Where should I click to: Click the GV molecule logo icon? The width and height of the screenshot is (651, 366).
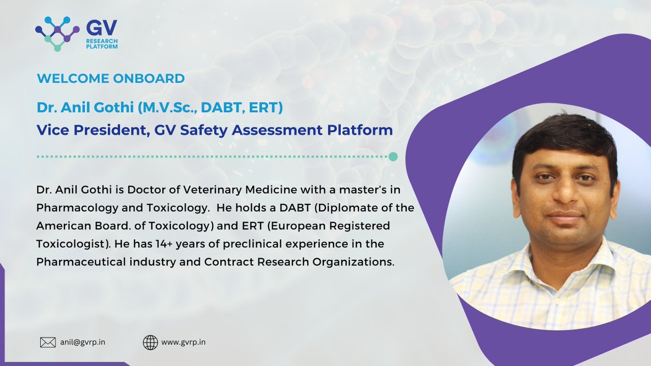tap(57, 33)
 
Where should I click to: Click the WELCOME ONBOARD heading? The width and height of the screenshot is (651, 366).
tap(111, 78)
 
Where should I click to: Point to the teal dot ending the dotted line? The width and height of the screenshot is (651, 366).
tap(393, 157)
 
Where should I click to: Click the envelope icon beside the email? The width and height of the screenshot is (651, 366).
tap(48, 342)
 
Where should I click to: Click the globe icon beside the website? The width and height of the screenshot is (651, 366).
tap(150, 342)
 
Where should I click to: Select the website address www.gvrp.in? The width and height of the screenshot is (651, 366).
tap(183, 342)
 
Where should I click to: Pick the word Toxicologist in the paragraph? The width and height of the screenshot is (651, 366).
tap(69, 243)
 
